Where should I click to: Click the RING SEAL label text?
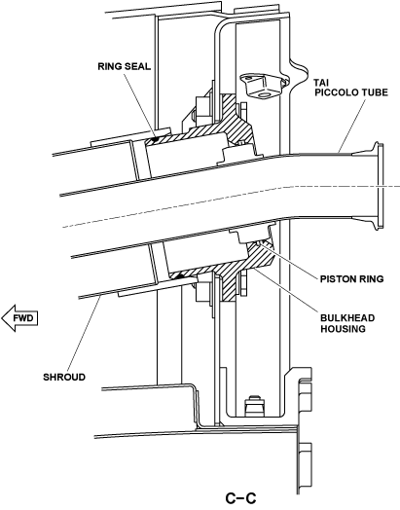click(x=125, y=67)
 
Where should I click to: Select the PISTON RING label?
click(x=352, y=279)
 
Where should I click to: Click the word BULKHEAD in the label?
click(x=347, y=318)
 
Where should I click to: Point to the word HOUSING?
click(x=343, y=329)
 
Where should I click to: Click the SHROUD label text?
click(x=64, y=378)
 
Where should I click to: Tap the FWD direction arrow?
click(x=19, y=318)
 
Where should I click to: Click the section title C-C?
click(x=241, y=498)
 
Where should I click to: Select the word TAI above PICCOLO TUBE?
click(x=321, y=82)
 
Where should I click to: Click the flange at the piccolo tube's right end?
click(x=379, y=185)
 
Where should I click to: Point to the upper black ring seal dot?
click(x=156, y=140)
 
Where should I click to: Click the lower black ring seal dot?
click(x=178, y=276)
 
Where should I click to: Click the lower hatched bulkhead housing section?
click(x=228, y=270)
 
